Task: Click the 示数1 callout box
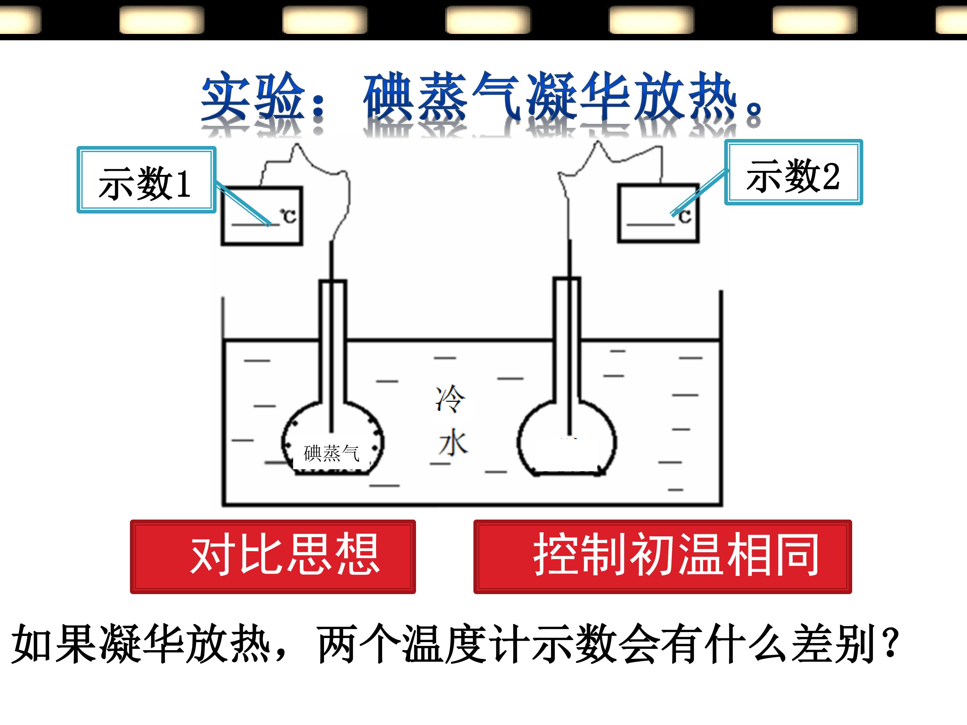(146, 180)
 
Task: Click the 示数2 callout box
(793, 172)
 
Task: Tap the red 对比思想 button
(273, 556)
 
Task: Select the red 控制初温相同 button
(662, 556)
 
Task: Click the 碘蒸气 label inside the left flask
(331, 453)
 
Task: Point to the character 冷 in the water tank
(450, 398)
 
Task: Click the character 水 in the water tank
(453, 442)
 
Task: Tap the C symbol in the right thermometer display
(685, 215)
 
